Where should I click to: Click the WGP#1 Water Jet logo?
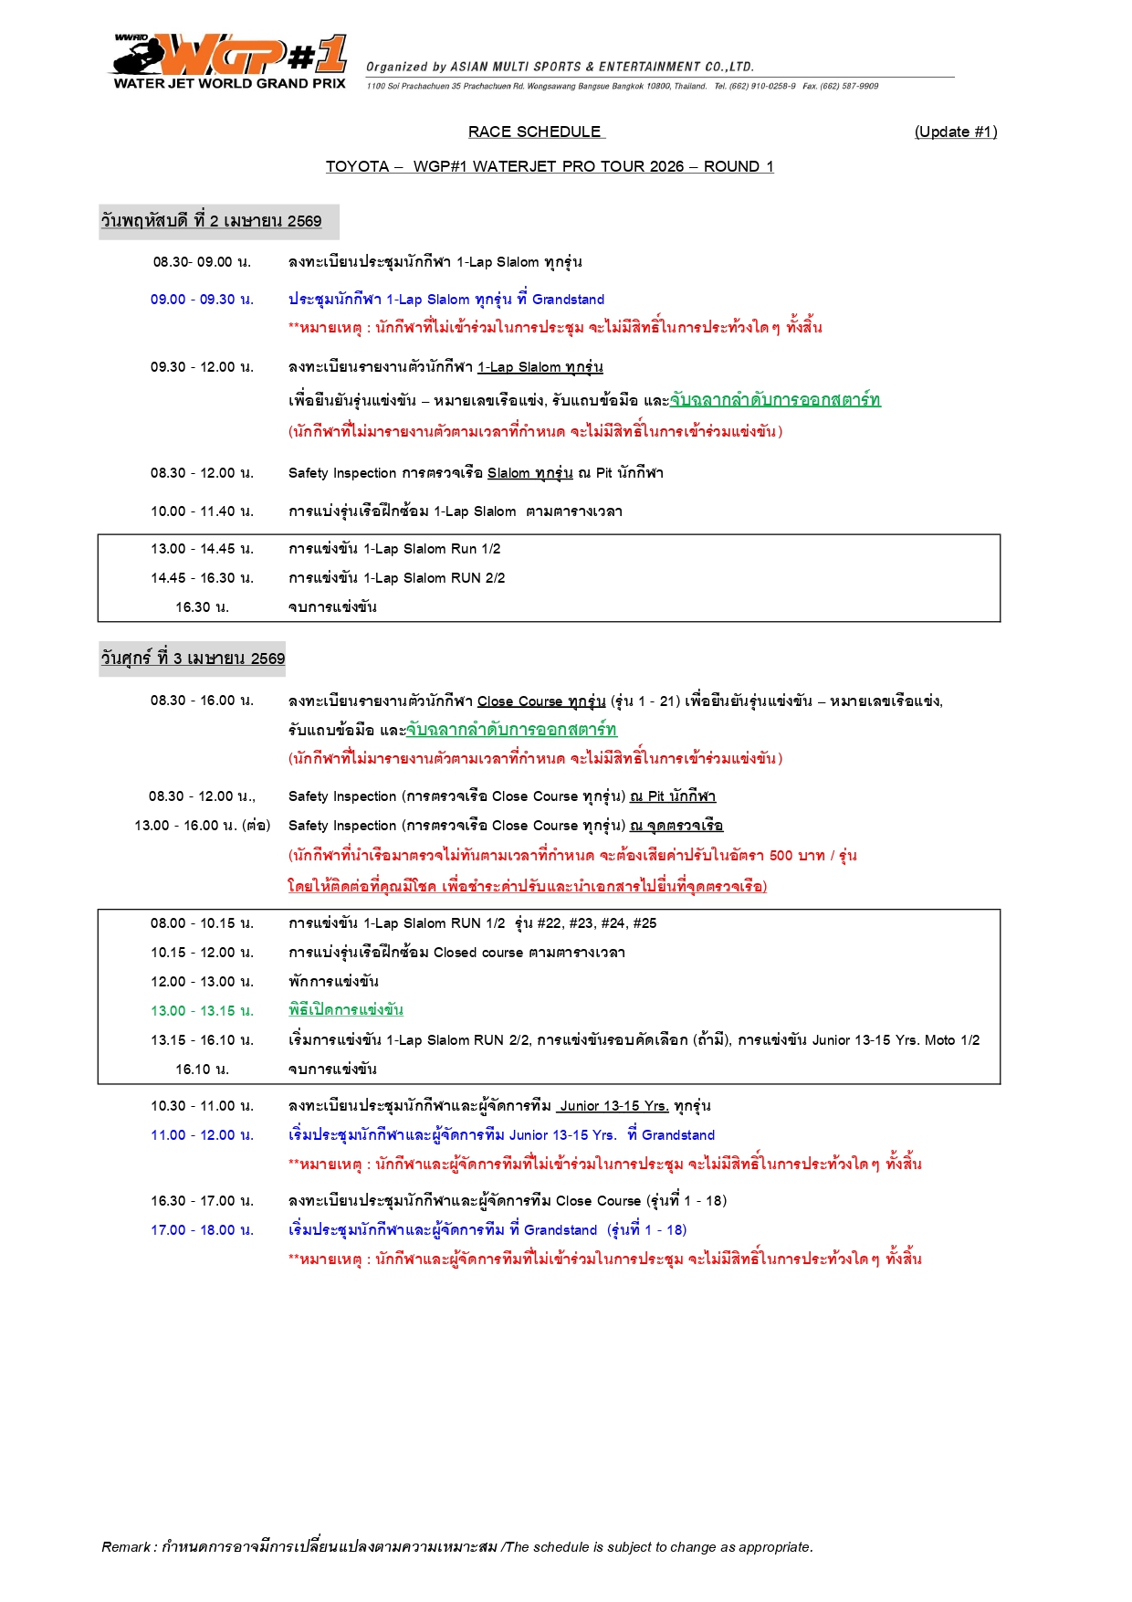click(x=229, y=61)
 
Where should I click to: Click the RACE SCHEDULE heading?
click(x=535, y=132)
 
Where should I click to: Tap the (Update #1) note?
click(x=955, y=132)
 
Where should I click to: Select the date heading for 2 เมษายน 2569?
click(x=212, y=221)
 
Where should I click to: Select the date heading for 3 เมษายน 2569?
click(x=193, y=659)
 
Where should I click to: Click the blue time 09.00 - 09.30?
click(x=202, y=300)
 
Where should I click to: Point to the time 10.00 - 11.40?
click(x=202, y=511)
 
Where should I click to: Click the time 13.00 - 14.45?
click(x=202, y=549)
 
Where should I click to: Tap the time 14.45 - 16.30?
click(x=202, y=578)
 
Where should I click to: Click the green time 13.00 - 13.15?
click(x=202, y=1011)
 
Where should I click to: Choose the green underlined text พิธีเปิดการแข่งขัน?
click(x=346, y=1010)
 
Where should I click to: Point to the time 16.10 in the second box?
click(x=202, y=1070)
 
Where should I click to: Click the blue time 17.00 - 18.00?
click(x=202, y=1230)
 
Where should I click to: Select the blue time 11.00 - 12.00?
click(x=202, y=1135)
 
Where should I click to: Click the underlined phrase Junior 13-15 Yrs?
click(x=613, y=1106)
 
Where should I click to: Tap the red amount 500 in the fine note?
click(x=781, y=856)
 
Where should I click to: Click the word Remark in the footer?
click(x=126, y=1547)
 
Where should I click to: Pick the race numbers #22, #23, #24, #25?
click(x=596, y=923)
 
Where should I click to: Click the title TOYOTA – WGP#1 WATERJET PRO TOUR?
click(x=550, y=166)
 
